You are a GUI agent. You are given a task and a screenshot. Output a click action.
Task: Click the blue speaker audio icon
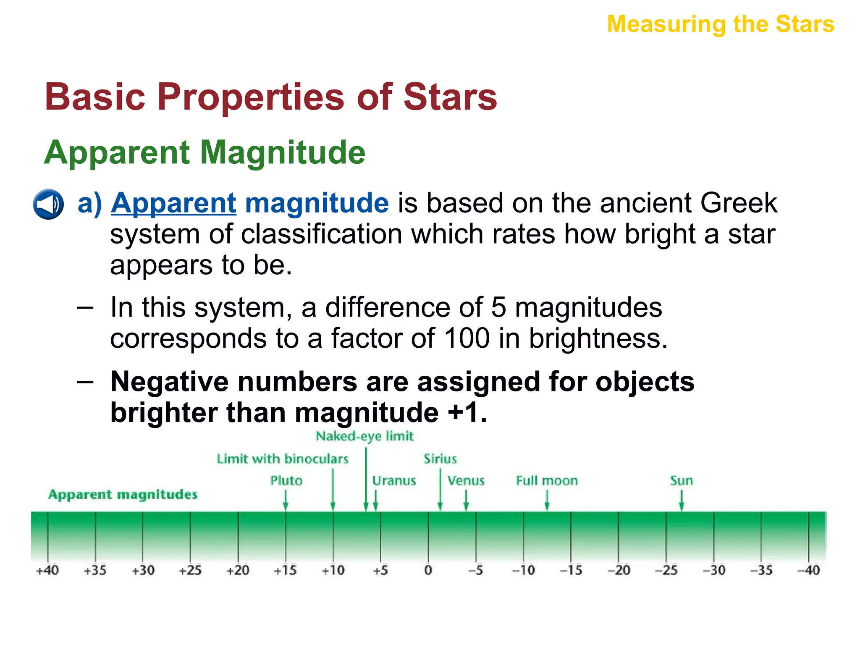click(48, 204)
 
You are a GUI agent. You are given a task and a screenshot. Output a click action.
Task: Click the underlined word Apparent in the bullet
click(173, 203)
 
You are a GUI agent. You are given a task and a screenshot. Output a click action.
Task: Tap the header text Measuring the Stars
click(721, 24)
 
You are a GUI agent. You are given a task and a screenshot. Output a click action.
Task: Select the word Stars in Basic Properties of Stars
click(450, 97)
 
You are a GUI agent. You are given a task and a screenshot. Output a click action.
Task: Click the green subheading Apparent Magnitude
click(205, 152)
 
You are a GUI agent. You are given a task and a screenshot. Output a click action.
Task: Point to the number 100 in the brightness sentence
click(467, 338)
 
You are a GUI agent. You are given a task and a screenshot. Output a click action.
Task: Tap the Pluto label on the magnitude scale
click(286, 480)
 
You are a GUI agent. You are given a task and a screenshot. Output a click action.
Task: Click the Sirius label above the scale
click(440, 459)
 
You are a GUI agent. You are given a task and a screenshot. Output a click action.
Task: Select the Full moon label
click(547, 480)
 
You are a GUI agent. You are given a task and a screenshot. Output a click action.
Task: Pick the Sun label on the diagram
click(681, 480)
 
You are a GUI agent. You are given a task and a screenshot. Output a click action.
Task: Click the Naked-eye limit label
click(364, 436)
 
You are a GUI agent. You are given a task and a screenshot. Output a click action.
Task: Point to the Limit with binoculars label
click(282, 459)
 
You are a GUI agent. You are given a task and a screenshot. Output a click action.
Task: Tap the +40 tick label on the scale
click(47, 570)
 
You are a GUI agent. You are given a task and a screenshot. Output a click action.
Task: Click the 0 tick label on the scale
click(428, 570)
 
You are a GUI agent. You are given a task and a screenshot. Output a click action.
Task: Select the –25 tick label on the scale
click(666, 570)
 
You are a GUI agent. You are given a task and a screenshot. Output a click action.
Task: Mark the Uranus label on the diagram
click(394, 480)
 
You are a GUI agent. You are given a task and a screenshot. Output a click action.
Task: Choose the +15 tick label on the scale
click(285, 570)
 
